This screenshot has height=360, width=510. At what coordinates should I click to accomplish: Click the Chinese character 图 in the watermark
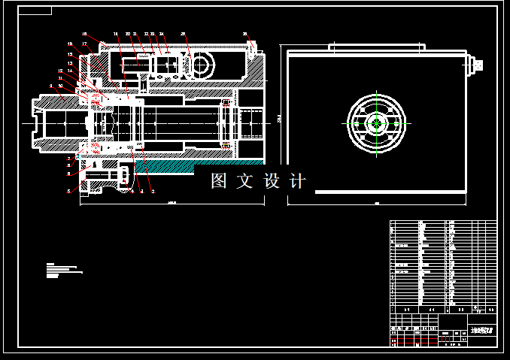(219, 181)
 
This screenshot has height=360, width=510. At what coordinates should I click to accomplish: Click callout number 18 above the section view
(116, 35)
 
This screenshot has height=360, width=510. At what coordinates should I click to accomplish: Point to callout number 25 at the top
(184, 35)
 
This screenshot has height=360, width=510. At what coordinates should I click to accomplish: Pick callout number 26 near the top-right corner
(244, 35)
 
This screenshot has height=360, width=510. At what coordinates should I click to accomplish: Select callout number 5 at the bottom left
(69, 191)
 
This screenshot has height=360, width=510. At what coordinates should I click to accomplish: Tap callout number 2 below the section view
(153, 191)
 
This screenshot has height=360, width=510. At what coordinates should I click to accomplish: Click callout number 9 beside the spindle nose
(50, 86)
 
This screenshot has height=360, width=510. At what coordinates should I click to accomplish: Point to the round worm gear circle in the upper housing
(201, 66)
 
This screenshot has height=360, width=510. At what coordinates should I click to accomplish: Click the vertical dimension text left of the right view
(278, 119)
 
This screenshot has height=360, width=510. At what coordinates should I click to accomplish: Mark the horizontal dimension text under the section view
(172, 202)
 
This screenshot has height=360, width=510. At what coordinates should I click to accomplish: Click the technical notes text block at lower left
(62, 271)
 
